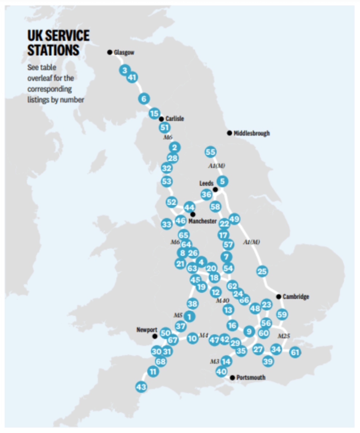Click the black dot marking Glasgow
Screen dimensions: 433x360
pyautogui.click(x=109, y=52)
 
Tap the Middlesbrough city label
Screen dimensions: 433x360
pyautogui.click(x=252, y=133)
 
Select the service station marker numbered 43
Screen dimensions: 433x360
pyautogui.click(x=141, y=387)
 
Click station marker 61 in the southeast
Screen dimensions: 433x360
pyautogui.click(x=295, y=352)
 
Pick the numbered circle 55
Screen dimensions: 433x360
pyautogui.click(x=211, y=152)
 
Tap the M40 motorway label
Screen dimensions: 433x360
pyautogui.click(x=222, y=301)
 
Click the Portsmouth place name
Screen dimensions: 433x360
pyautogui.click(x=251, y=378)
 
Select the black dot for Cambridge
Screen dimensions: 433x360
pyautogui.click(x=279, y=297)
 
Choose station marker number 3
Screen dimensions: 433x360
pyautogui.click(x=125, y=70)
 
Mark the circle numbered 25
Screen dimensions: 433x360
pyautogui.click(x=262, y=271)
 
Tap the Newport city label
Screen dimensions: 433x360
pyautogui.click(x=147, y=330)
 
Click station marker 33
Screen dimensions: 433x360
pyautogui.click(x=166, y=225)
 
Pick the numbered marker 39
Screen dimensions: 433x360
pyautogui.click(x=268, y=361)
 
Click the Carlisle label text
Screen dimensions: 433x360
pyautogui.click(x=175, y=119)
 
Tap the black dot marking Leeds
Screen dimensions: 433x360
pyautogui.click(x=215, y=189)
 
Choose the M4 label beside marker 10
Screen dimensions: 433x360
pyautogui.click(x=203, y=336)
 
